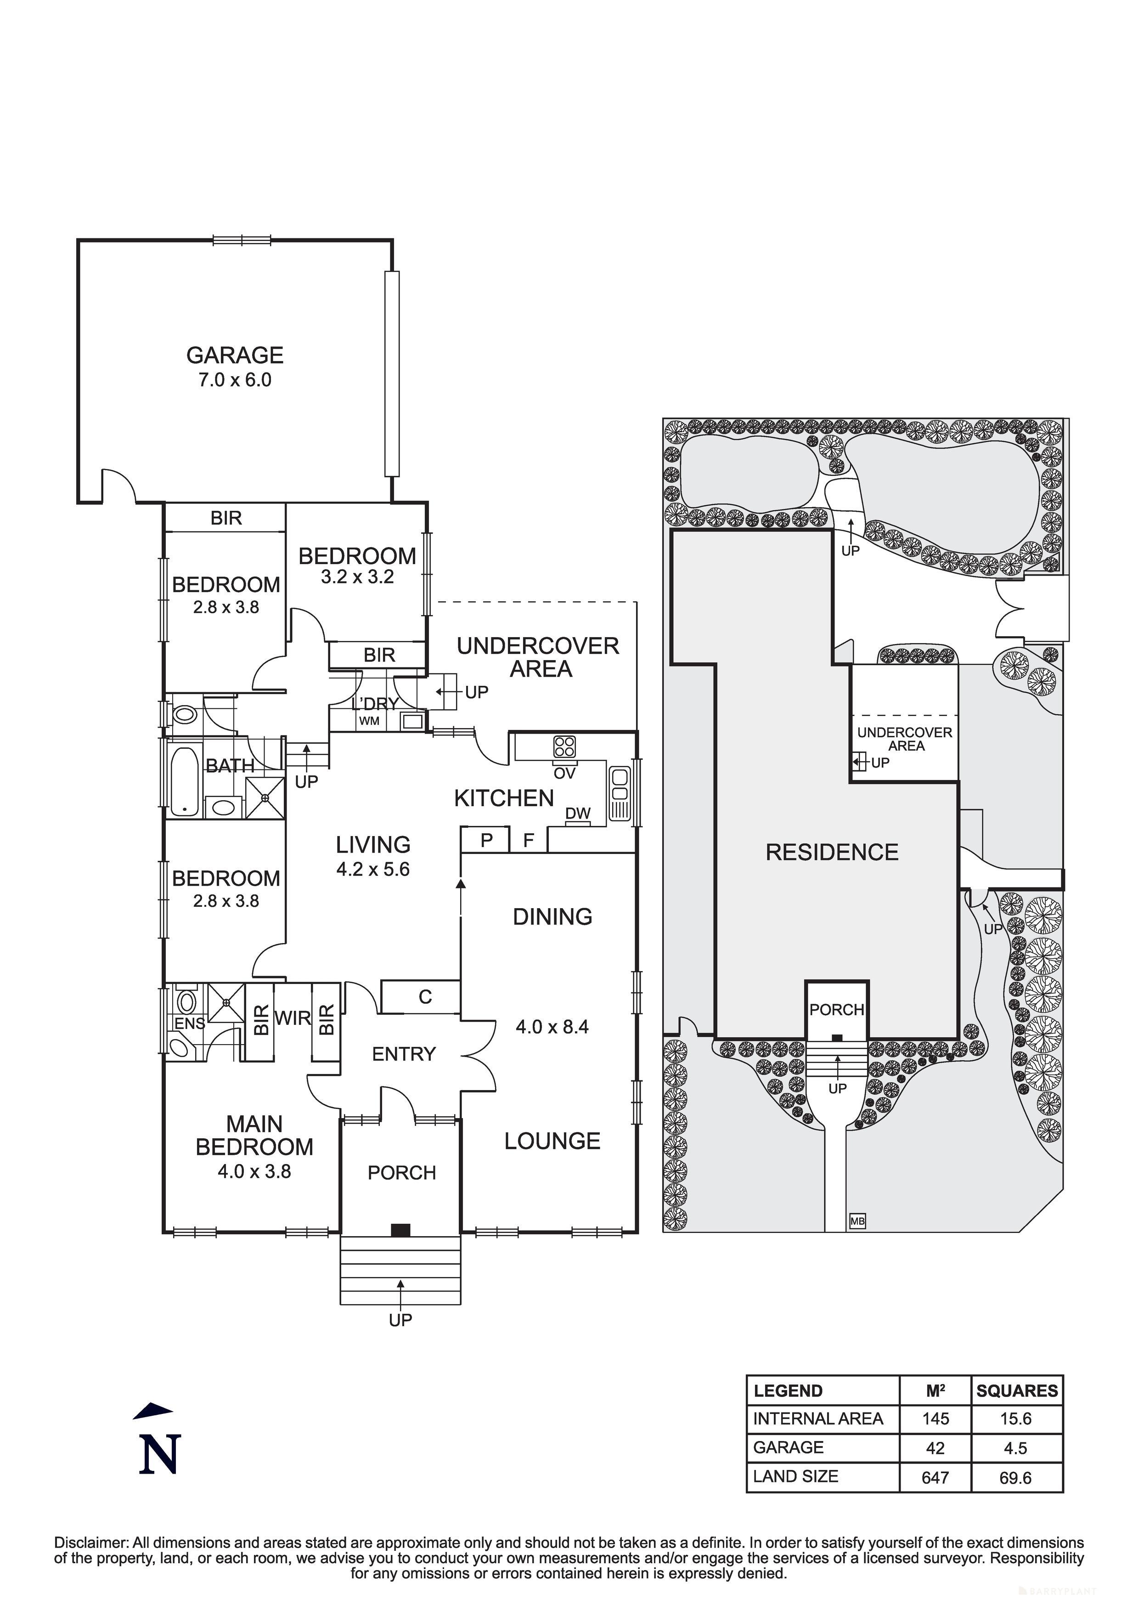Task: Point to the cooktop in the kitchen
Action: click(x=565, y=746)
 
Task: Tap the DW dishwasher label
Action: click(x=577, y=813)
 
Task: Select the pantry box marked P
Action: click(x=485, y=840)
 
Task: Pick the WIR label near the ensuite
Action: click(x=293, y=1017)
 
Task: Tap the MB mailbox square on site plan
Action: click(x=857, y=1221)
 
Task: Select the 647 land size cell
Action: click(x=935, y=1478)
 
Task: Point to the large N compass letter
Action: click(x=160, y=1454)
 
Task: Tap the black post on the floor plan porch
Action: click(x=400, y=1229)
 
